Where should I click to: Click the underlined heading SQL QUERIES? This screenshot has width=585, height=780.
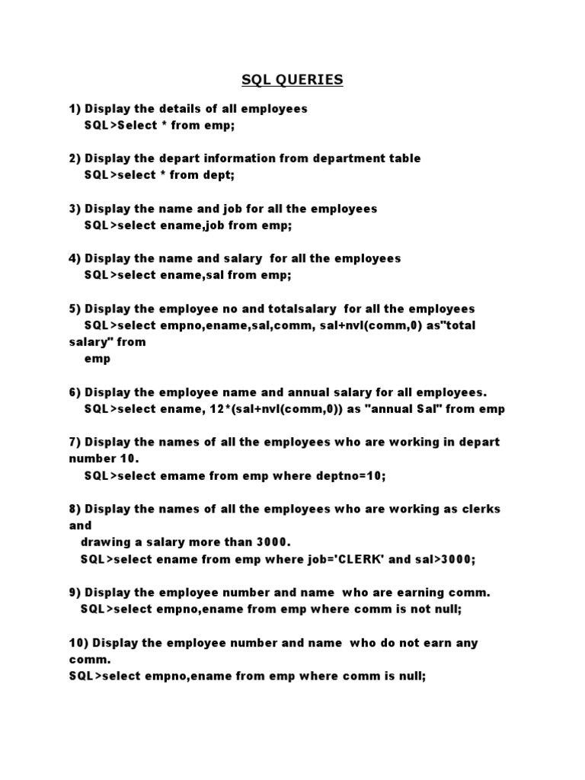(292, 79)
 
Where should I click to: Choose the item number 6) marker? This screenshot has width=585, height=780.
(75, 392)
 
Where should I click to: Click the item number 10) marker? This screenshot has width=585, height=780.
(78, 643)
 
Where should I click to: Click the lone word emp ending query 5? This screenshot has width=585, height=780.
(97, 359)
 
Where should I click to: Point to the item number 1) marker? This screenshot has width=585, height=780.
(75, 109)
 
